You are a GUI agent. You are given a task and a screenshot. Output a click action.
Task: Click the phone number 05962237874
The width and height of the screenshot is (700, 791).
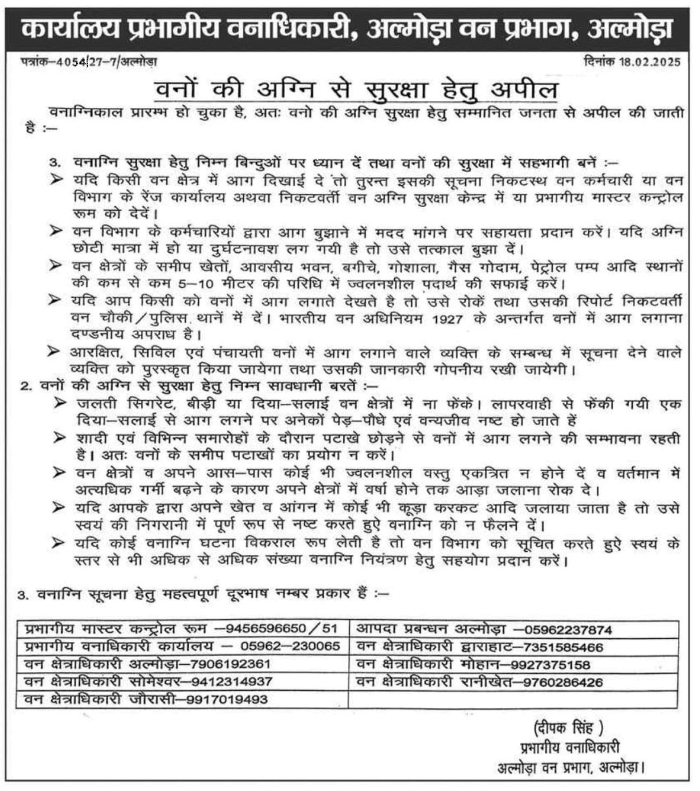point(568,630)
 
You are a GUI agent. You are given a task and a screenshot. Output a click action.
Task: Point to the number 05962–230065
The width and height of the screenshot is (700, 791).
point(290,646)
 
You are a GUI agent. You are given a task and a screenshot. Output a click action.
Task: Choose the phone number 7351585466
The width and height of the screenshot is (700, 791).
point(563,647)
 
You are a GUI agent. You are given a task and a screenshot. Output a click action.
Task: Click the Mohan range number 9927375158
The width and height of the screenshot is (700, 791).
point(550,665)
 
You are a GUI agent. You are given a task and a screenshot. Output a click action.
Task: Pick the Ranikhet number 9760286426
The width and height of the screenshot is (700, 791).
point(563,683)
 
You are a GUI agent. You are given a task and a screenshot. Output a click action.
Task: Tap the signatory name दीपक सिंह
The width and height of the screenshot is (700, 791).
point(568,727)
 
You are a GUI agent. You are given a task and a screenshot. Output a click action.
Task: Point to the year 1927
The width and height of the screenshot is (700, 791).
point(447,319)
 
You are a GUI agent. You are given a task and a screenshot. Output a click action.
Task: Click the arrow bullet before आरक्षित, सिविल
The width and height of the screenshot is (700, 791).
point(54,352)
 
